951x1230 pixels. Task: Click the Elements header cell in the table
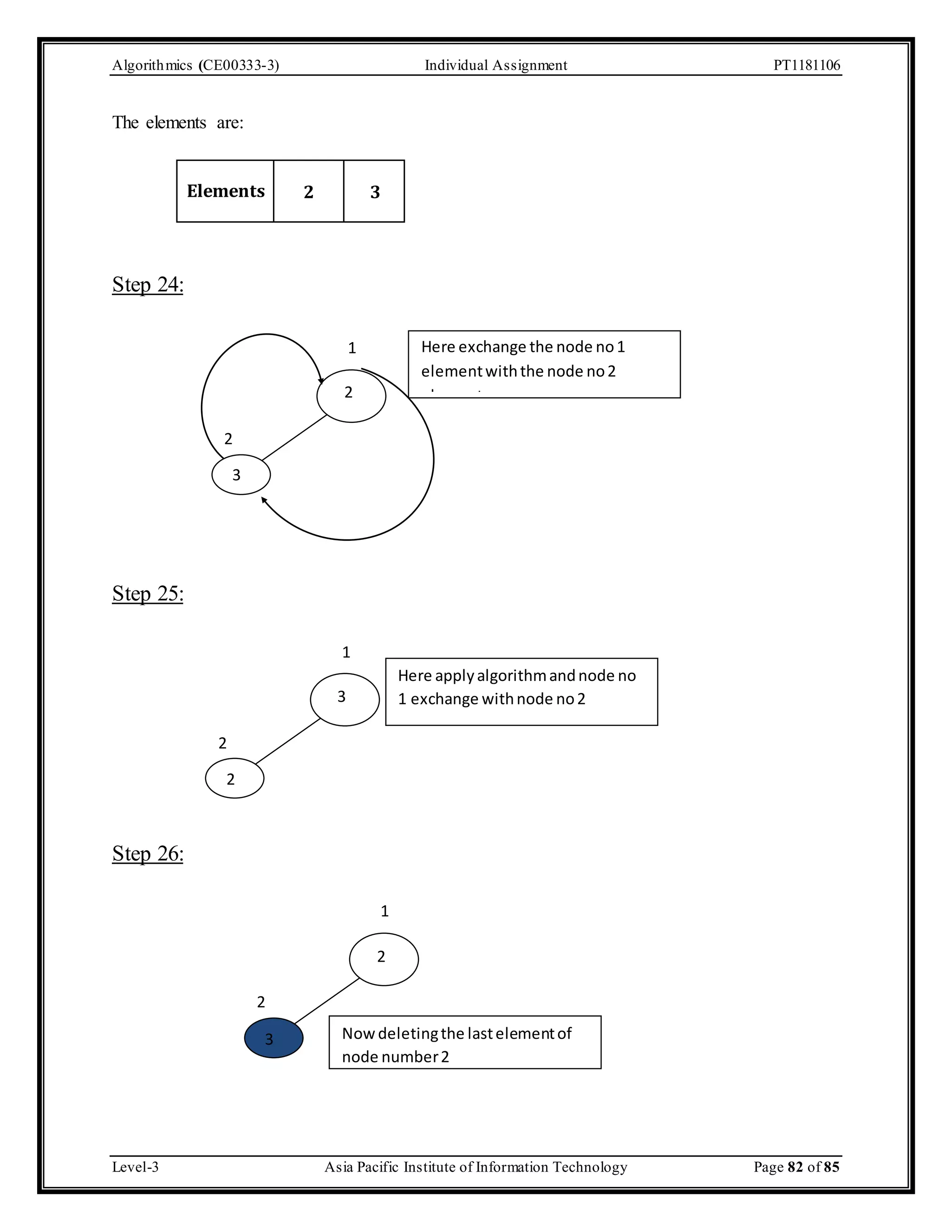pyautogui.click(x=225, y=191)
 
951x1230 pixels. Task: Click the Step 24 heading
pyautogui.click(x=148, y=285)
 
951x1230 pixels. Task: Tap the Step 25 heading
pyautogui.click(x=148, y=594)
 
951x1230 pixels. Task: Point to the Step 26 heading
pyautogui.click(x=148, y=853)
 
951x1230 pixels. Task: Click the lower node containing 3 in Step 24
pyautogui.click(x=241, y=475)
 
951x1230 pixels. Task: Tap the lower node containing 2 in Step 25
pyautogui.click(x=234, y=778)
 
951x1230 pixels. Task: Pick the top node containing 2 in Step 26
pyautogui.click(x=384, y=959)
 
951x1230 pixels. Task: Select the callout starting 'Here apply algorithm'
pyautogui.click(x=521, y=691)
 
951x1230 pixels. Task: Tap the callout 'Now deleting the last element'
pyautogui.click(x=465, y=1042)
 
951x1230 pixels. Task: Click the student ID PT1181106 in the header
pyautogui.click(x=806, y=65)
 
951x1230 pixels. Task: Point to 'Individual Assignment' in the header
pyautogui.click(x=496, y=65)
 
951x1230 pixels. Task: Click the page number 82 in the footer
pyautogui.click(x=795, y=1167)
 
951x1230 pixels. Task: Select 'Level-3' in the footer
pyautogui.click(x=135, y=1167)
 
